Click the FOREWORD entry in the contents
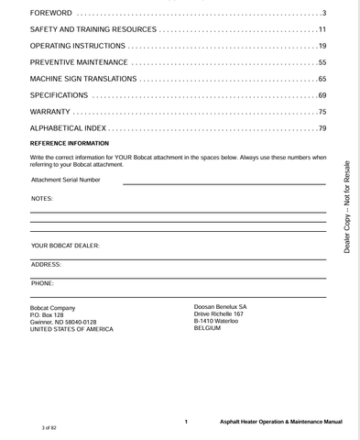coord(50,13)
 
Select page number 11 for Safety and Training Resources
coord(322,29)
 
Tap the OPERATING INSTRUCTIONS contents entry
coord(78,46)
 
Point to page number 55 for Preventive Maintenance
coord(322,62)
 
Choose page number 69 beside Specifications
coord(322,95)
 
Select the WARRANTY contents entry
coord(50,112)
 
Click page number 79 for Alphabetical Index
coord(322,128)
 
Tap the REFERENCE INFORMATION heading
coord(70,144)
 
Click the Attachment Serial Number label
coord(66,180)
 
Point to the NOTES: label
coord(42,199)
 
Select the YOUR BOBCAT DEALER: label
coord(66,247)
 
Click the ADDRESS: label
coord(46,264)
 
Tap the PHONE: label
coord(42,283)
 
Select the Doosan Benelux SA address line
coord(220,307)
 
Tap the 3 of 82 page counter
coord(49,428)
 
